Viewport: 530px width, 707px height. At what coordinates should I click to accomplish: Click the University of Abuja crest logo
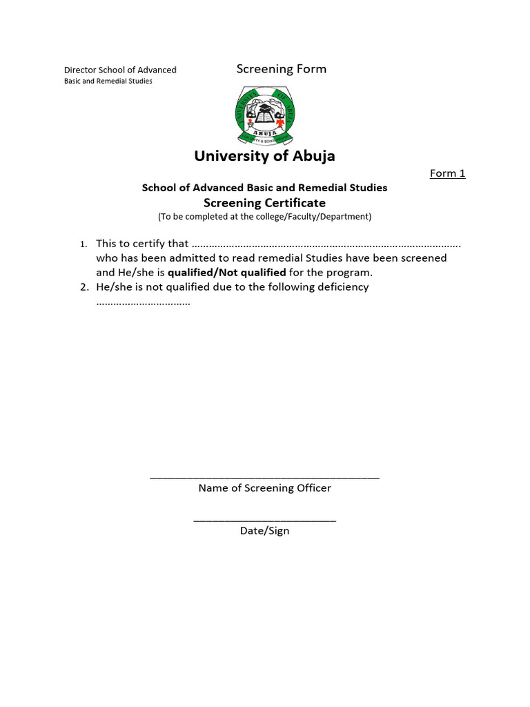tap(264, 116)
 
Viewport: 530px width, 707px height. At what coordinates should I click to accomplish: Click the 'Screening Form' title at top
tap(281, 69)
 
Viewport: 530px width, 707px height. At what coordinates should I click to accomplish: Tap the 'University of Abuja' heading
tap(264, 156)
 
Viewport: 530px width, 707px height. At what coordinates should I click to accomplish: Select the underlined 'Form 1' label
tap(447, 173)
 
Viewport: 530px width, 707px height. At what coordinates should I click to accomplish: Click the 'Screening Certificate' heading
tap(264, 203)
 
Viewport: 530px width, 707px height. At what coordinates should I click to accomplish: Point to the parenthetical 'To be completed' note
tap(264, 217)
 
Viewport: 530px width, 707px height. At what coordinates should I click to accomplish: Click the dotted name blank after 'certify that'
tap(326, 244)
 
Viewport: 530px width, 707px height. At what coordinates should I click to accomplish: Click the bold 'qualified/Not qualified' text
tap(226, 273)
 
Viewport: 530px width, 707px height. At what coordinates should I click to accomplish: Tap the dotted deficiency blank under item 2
tap(143, 302)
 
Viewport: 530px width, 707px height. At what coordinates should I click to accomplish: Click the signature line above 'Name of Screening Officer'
tap(264, 477)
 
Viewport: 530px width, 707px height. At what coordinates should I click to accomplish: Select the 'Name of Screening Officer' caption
tap(264, 488)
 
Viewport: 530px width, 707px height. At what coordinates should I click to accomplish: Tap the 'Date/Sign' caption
tap(264, 531)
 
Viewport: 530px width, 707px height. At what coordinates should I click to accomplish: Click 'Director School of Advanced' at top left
tap(120, 70)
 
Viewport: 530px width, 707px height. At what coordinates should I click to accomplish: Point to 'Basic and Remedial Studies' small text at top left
tap(108, 81)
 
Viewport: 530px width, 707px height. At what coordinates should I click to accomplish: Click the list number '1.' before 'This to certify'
tap(84, 244)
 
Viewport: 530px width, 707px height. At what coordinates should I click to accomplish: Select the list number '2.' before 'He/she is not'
tap(84, 287)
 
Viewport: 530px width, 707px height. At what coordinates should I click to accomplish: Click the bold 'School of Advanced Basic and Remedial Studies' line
tap(264, 188)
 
